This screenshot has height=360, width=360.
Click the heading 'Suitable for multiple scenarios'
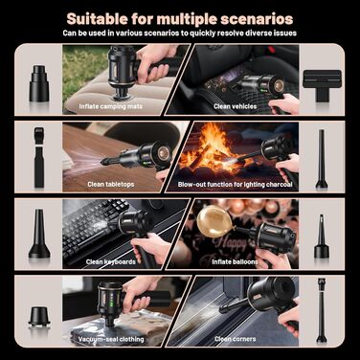click(x=180, y=18)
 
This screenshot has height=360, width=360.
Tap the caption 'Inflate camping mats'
click(x=111, y=106)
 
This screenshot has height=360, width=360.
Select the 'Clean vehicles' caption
click(x=236, y=106)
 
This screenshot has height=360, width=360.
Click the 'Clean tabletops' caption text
click(x=111, y=184)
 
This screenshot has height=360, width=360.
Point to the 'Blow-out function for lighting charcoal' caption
click(x=236, y=184)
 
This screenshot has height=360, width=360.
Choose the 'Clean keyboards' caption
click(x=111, y=261)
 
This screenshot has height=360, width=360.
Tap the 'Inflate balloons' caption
click(x=236, y=261)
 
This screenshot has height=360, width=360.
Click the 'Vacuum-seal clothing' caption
click(x=111, y=339)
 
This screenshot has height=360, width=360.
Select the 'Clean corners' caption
click(x=236, y=339)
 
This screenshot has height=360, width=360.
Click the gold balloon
click(x=214, y=221)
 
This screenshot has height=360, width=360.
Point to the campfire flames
click(x=209, y=146)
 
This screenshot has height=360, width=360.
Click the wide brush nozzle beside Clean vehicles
click(x=322, y=85)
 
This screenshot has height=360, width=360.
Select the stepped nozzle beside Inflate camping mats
click(x=39, y=83)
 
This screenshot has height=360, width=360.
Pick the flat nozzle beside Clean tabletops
click(x=39, y=157)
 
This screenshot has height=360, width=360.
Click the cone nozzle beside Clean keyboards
click(x=39, y=234)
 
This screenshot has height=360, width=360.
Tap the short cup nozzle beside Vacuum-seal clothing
click(x=39, y=317)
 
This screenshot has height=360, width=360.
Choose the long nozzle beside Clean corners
click(x=321, y=310)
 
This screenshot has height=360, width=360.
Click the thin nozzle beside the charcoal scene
click(x=322, y=159)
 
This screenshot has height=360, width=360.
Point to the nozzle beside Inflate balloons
click(x=322, y=236)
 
